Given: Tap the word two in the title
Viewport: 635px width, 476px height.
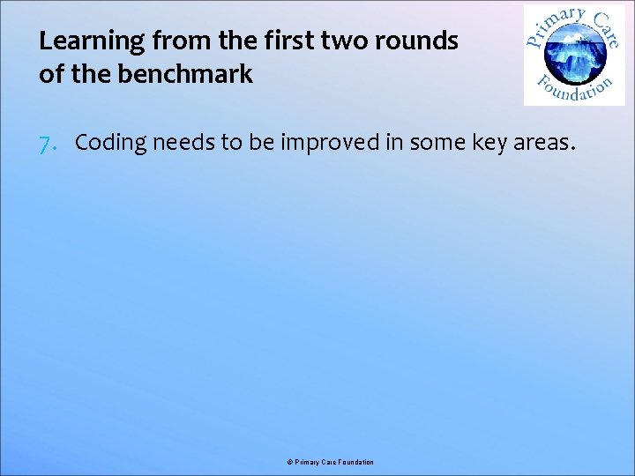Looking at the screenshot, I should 346,41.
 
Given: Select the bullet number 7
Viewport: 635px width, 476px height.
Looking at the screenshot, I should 50,143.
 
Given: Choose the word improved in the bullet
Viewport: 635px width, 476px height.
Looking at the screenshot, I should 332,144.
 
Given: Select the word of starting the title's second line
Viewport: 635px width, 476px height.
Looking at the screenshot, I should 50,74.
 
